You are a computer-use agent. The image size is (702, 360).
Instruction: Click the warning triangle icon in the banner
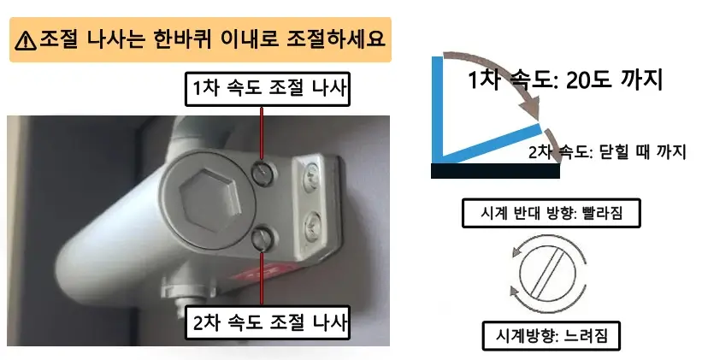pos(27,39)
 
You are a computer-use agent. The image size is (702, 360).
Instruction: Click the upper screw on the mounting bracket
pos(311,175)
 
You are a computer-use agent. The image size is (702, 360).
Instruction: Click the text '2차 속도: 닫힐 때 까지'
pos(608,152)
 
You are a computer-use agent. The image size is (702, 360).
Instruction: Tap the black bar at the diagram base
pos(495,170)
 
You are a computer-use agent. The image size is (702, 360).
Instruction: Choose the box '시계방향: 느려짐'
pos(550,333)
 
